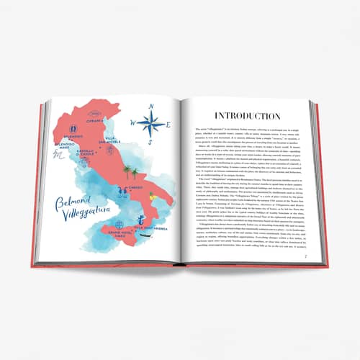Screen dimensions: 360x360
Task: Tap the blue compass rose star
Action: (x=150, y=123)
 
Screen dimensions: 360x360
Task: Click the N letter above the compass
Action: (x=151, y=106)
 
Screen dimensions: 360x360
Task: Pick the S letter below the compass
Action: (x=152, y=142)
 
